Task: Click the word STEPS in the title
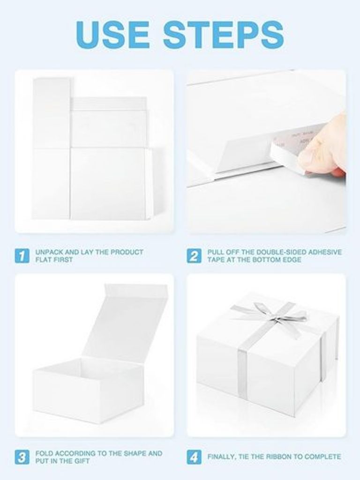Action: (x=224, y=34)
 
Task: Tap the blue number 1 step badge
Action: (x=22, y=255)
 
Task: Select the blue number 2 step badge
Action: (x=195, y=255)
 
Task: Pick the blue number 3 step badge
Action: (x=22, y=457)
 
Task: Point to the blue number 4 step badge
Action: (x=195, y=457)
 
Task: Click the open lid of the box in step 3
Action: (x=126, y=322)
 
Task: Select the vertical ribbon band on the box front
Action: (x=242, y=374)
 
